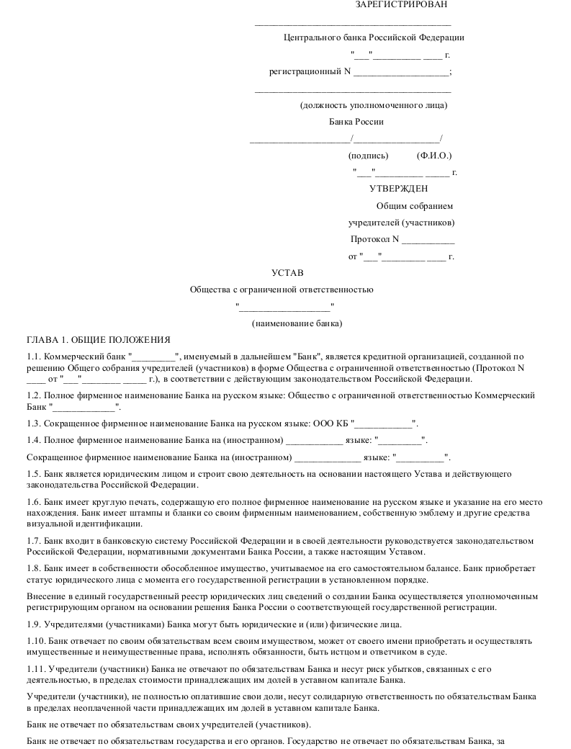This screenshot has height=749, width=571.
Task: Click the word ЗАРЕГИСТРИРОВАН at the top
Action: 400,5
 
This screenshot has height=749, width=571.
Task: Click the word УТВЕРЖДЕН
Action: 398,189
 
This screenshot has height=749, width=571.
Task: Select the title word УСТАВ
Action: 287,273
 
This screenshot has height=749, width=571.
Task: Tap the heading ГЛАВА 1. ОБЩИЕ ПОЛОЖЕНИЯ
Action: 98,340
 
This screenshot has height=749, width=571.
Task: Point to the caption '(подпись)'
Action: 368,156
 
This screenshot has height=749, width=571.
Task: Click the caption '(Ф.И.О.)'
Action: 434,156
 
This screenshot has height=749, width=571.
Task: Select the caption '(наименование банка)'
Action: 297,323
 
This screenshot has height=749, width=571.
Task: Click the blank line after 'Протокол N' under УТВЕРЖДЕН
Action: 428,240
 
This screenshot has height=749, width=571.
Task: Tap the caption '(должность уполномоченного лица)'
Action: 374,106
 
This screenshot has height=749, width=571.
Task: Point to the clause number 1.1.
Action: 34,356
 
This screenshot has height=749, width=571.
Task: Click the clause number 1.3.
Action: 34,423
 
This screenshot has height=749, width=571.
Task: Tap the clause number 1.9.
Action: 34,624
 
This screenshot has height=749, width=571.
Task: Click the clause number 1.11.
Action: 36,670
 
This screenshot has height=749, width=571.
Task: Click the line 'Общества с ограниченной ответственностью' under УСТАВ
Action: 282,290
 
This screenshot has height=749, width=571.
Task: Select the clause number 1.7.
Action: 34,541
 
